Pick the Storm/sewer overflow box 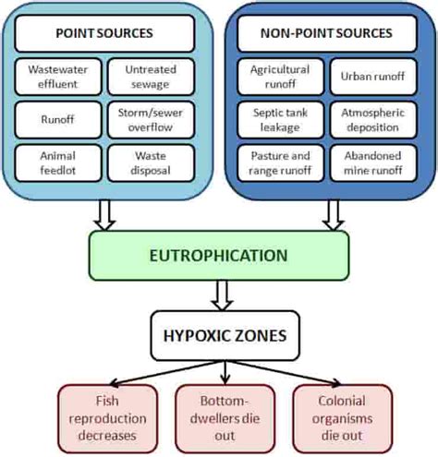click(151, 117)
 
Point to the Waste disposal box click(151, 161)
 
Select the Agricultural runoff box click(279, 76)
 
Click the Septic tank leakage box click(279, 117)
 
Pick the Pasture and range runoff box click(279, 161)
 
